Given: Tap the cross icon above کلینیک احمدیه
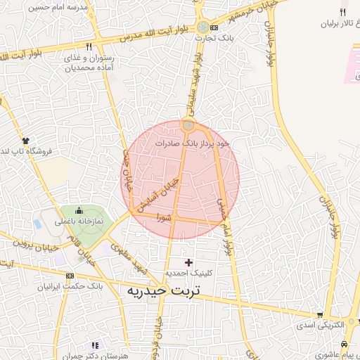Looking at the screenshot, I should [x=188, y=262].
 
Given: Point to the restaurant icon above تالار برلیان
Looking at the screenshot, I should [x=342, y=12].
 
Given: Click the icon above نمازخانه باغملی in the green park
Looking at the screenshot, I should [x=79, y=210].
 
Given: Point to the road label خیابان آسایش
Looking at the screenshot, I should [x=157, y=195].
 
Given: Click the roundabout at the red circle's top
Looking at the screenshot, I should [x=188, y=126].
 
